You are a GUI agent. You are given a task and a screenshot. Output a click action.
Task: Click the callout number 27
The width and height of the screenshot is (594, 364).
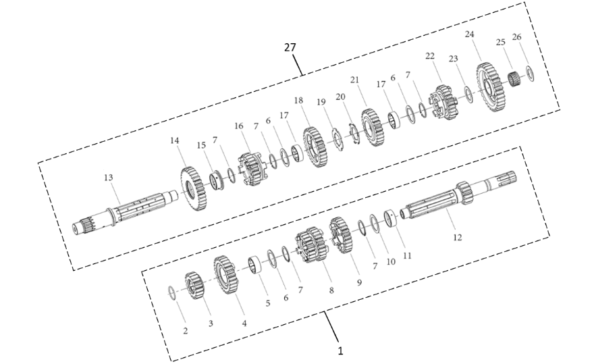(x=290, y=47)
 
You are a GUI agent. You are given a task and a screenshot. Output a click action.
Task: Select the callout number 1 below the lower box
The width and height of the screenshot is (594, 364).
(x=340, y=351)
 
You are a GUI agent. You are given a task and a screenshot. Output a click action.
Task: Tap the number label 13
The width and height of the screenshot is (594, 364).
(x=109, y=177)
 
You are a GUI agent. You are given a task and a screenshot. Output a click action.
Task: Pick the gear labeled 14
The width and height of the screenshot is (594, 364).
(x=193, y=190)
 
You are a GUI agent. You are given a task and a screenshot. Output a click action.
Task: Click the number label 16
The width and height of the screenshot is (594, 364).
(x=238, y=126)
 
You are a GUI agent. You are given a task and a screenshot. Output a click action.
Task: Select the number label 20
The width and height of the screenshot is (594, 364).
(x=341, y=97)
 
